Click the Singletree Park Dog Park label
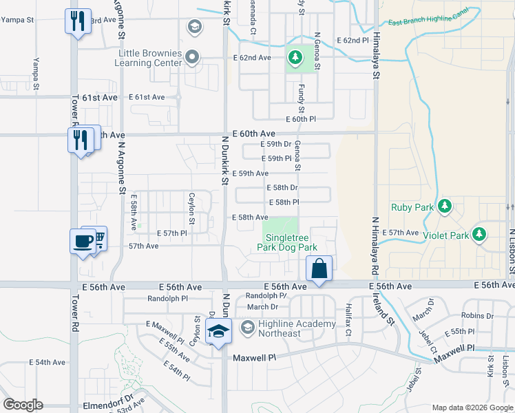(287, 242)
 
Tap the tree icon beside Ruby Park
(445, 206)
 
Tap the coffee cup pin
(83, 242)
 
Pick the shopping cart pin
(98, 238)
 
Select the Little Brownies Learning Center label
(150, 58)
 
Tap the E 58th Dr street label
(282, 187)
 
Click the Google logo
(23, 405)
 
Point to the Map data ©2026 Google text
(472, 407)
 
